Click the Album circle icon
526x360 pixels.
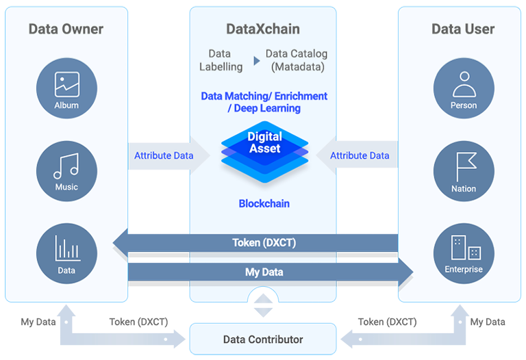click(66, 88)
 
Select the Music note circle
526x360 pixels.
click(66, 171)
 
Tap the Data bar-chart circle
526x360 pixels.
click(66, 253)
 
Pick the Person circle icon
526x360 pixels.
click(464, 88)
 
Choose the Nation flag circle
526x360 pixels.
click(464, 171)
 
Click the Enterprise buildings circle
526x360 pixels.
click(464, 253)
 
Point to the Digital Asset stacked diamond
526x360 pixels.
click(264, 152)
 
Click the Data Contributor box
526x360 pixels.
click(263, 339)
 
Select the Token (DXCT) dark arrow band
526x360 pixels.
click(255, 243)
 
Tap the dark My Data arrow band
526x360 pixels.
click(271, 272)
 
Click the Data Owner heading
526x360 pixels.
click(66, 29)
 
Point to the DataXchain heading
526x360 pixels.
click(263, 29)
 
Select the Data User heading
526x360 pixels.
click(463, 29)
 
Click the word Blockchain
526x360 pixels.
click(264, 203)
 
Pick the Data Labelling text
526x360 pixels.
click(221, 60)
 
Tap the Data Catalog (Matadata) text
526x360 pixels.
click(297, 60)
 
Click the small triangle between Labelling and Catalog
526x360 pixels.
click(257, 61)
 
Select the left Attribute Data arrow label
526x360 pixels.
click(164, 155)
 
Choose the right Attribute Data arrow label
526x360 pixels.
click(360, 155)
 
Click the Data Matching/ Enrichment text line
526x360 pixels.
click(264, 97)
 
